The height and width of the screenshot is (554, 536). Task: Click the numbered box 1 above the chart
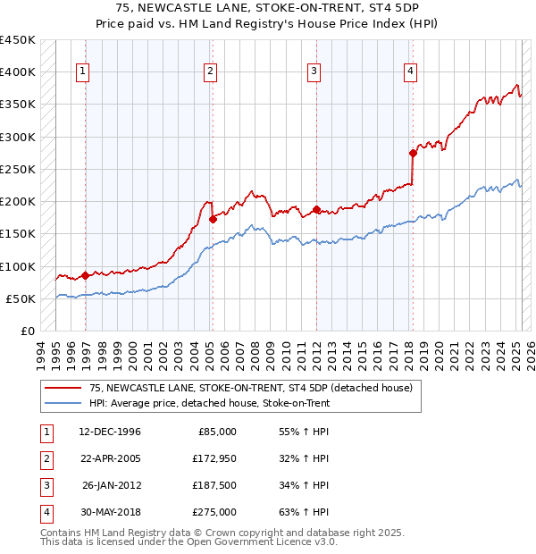[82, 72]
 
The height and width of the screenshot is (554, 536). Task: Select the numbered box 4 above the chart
[409, 72]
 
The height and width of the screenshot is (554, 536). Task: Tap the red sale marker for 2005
[213, 219]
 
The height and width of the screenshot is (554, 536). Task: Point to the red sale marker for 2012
[316, 210]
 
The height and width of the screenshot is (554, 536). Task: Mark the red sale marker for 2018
[413, 153]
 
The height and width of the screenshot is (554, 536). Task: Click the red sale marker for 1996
[85, 275]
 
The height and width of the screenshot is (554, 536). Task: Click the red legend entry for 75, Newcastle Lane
[250, 389]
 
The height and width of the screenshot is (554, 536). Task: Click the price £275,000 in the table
[214, 512]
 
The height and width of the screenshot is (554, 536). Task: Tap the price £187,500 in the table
[214, 485]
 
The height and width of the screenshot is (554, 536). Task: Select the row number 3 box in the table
[46, 485]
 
